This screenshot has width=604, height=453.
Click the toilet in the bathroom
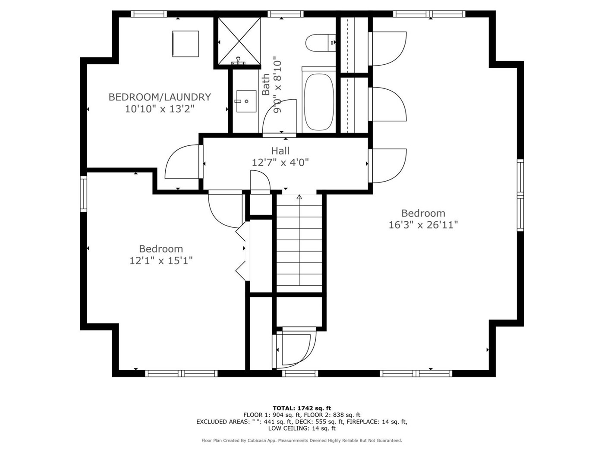pos(321,43)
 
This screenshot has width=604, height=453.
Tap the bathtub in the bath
pos(319,100)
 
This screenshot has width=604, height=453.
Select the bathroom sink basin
pos(246,101)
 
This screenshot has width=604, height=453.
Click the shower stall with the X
pos(239,41)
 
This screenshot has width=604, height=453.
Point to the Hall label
pos(280,151)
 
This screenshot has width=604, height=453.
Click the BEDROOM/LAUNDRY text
pos(160,97)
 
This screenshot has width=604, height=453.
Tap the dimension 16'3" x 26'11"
pos(423,225)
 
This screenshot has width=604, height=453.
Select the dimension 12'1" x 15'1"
pos(161,261)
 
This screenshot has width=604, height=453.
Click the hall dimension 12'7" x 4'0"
pos(280,163)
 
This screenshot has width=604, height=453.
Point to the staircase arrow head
pos(299,197)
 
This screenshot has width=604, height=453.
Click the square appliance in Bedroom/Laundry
pos(186,44)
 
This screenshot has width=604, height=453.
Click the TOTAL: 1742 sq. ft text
pos(302,408)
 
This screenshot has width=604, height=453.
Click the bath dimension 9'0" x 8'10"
pos(278,85)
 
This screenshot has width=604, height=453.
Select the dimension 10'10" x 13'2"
pos(160,109)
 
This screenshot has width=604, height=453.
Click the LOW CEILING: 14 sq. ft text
pos(302,428)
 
